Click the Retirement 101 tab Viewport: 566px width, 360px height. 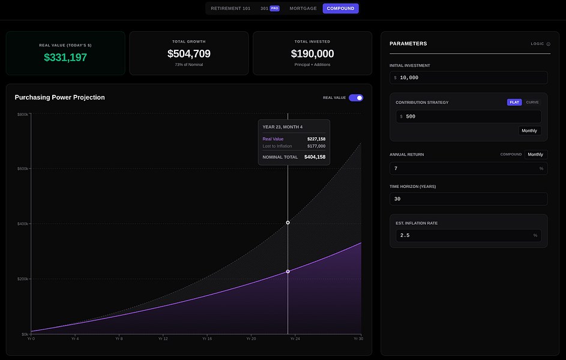[230, 8]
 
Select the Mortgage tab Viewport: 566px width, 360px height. [303, 8]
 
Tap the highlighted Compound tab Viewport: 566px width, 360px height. [340, 8]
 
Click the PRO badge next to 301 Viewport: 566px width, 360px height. [274, 8]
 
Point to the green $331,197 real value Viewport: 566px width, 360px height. [65, 58]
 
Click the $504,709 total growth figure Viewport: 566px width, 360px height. [189, 54]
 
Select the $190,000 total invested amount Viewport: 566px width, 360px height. [312, 54]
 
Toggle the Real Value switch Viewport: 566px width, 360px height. [356, 98]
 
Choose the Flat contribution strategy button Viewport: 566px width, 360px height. [514, 102]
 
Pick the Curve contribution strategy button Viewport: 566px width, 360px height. [532, 102]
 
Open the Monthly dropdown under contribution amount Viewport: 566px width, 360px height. [529, 131]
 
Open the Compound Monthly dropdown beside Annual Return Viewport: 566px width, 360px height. [535, 154]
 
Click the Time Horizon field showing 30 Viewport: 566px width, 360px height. [468, 199]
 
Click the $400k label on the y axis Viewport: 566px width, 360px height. [22, 224]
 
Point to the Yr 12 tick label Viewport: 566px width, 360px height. [163, 339]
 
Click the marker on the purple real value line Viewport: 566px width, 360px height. [288, 272]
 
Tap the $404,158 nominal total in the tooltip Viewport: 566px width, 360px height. [315, 157]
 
